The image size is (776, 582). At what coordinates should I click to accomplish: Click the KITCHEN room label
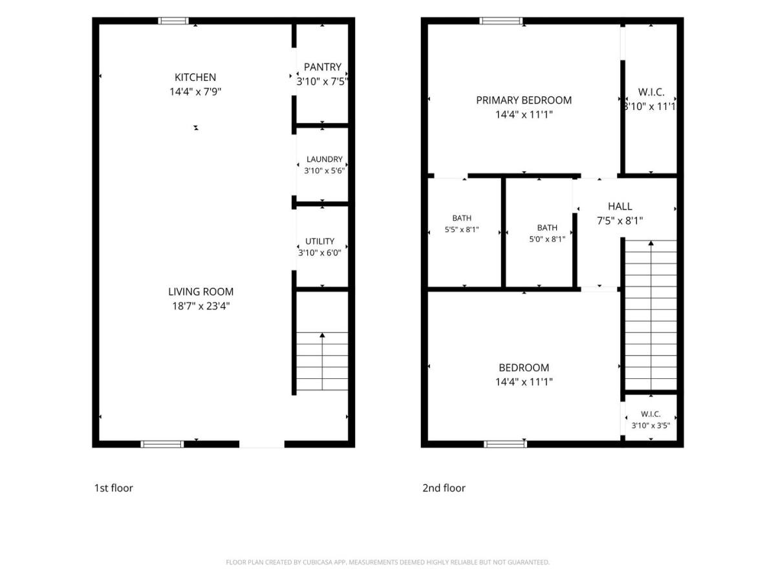(x=195, y=78)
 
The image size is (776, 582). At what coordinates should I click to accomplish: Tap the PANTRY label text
(x=323, y=67)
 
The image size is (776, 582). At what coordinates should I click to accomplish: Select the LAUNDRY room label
(x=324, y=159)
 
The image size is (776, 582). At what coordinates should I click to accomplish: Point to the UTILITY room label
(x=319, y=241)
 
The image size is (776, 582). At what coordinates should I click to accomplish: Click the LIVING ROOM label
(x=201, y=292)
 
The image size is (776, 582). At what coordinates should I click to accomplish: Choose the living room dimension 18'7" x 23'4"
(x=201, y=306)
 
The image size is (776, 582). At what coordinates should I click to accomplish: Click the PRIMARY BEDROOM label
(x=524, y=100)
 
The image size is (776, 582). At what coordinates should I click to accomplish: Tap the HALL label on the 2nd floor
(x=620, y=206)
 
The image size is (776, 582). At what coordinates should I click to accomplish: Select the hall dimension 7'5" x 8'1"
(x=620, y=221)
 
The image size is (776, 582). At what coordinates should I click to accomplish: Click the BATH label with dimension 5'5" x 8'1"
(x=462, y=218)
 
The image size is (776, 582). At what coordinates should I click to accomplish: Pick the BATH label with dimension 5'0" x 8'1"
(x=547, y=228)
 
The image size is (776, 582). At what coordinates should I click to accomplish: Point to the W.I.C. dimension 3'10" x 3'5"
(x=651, y=426)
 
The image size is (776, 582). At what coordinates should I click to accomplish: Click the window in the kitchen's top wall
(x=173, y=21)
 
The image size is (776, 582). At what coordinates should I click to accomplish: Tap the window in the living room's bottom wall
(x=162, y=444)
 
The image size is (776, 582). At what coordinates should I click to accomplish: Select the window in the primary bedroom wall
(x=501, y=21)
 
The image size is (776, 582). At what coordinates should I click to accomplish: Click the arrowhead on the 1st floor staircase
(x=322, y=335)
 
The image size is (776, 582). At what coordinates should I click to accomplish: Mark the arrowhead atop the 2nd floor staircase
(x=651, y=242)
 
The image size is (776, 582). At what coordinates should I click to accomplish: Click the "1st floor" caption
(x=113, y=488)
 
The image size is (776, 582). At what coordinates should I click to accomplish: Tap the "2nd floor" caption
(x=444, y=488)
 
